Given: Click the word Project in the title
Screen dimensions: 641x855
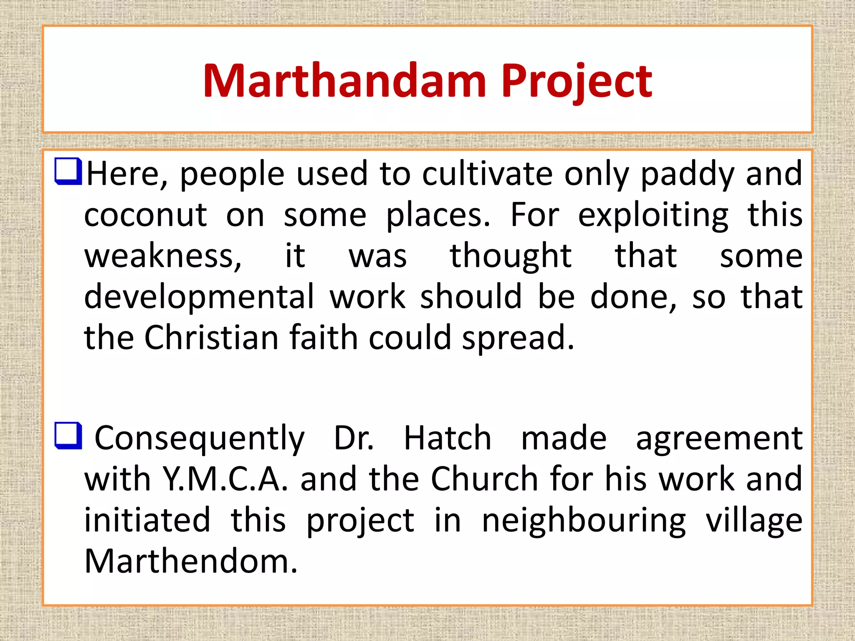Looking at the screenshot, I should pyautogui.click(x=576, y=81).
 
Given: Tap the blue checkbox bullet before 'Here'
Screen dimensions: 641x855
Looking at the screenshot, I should pyautogui.click(x=68, y=171).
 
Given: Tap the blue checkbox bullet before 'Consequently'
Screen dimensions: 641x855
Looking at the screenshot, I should pyautogui.click(x=68, y=435).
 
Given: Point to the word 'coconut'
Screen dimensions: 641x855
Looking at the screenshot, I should pyautogui.click(x=145, y=215).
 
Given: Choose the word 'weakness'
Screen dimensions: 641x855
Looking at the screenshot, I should pyautogui.click(x=163, y=256).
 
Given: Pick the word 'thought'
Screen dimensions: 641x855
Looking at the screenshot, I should pyautogui.click(x=510, y=256).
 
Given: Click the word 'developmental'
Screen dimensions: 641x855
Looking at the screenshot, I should pyautogui.click(x=199, y=297).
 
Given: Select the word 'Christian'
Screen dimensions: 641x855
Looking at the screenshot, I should pyautogui.click(x=211, y=337).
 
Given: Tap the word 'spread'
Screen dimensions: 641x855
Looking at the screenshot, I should pyautogui.click(x=518, y=338).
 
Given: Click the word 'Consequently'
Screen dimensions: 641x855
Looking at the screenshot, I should pyautogui.click(x=200, y=439).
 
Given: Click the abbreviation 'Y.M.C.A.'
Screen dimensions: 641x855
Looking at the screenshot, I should pyautogui.click(x=225, y=479).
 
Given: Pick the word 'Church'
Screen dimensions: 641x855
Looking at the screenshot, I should pyautogui.click(x=484, y=479).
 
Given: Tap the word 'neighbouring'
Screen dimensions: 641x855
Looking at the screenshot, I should pyautogui.click(x=584, y=521).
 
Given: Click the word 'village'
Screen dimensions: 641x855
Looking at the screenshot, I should pyautogui.click(x=754, y=521).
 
